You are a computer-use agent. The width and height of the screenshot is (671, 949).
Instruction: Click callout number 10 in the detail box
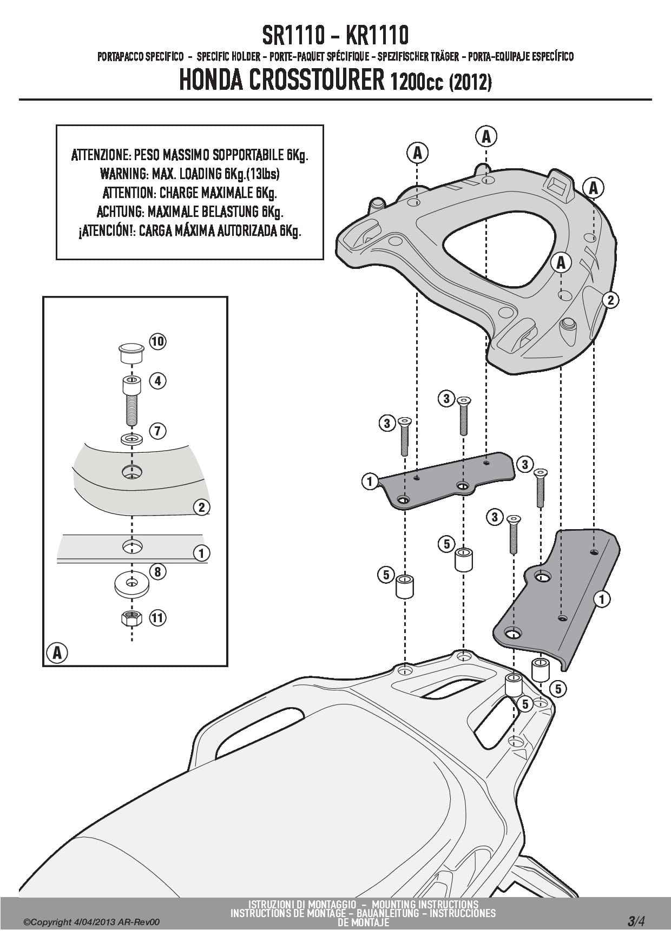157,341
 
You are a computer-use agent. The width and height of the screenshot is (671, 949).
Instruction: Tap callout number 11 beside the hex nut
157,617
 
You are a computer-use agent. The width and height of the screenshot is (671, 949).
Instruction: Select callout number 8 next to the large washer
157,572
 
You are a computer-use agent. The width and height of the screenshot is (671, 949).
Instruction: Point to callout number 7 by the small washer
157,431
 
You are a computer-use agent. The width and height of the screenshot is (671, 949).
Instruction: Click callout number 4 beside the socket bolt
157,381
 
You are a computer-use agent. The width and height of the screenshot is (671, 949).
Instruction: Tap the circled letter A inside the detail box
57,653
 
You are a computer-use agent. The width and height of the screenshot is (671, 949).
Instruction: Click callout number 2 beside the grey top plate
610,299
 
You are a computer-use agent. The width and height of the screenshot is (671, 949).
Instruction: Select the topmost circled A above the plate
486,136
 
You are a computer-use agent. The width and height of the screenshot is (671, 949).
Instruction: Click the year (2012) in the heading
471,82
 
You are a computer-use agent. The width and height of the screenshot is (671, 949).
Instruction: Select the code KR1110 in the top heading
376,36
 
